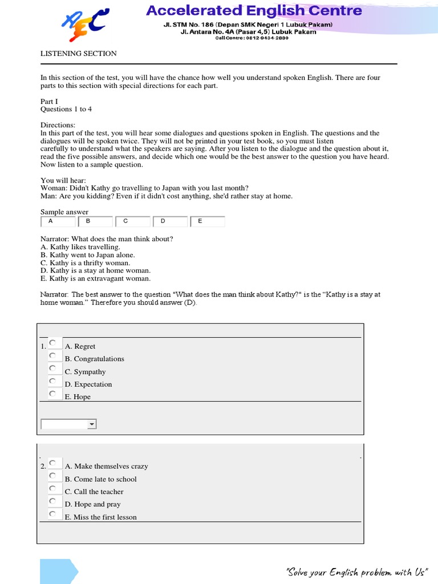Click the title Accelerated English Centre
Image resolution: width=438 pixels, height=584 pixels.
pos(254,10)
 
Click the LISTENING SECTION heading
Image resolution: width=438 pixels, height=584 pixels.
pos(78,54)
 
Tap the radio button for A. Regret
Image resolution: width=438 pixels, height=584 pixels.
pos(52,343)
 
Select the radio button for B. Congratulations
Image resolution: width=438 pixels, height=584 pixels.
pos(52,356)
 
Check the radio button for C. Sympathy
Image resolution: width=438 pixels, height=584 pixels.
pos(52,368)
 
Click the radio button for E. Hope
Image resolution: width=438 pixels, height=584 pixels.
pos(52,394)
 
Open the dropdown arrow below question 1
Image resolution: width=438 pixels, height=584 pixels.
pos(91,424)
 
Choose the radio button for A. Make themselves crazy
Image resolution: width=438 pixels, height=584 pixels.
pos(52,463)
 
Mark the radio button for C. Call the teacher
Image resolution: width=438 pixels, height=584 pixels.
pos(52,488)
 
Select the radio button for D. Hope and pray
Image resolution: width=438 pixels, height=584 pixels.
pos(52,501)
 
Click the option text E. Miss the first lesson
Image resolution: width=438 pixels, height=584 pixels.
pos(100,517)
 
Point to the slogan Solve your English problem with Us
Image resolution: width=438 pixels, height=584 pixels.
pos(356,571)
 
